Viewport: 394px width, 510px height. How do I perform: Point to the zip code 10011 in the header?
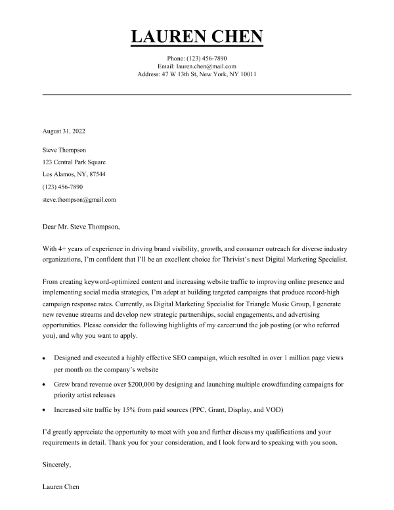tap(248, 74)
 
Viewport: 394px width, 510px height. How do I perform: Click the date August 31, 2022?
tap(64, 131)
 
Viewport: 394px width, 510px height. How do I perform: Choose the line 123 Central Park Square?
tap(74, 162)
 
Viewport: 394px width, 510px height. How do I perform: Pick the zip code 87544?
tap(96, 174)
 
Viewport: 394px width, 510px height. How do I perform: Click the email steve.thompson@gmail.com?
tap(79, 199)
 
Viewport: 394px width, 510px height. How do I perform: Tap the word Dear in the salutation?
tap(50, 227)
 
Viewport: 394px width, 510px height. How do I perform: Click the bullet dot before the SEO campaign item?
tap(44, 360)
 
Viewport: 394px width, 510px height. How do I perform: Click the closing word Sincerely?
tap(56, 465)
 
